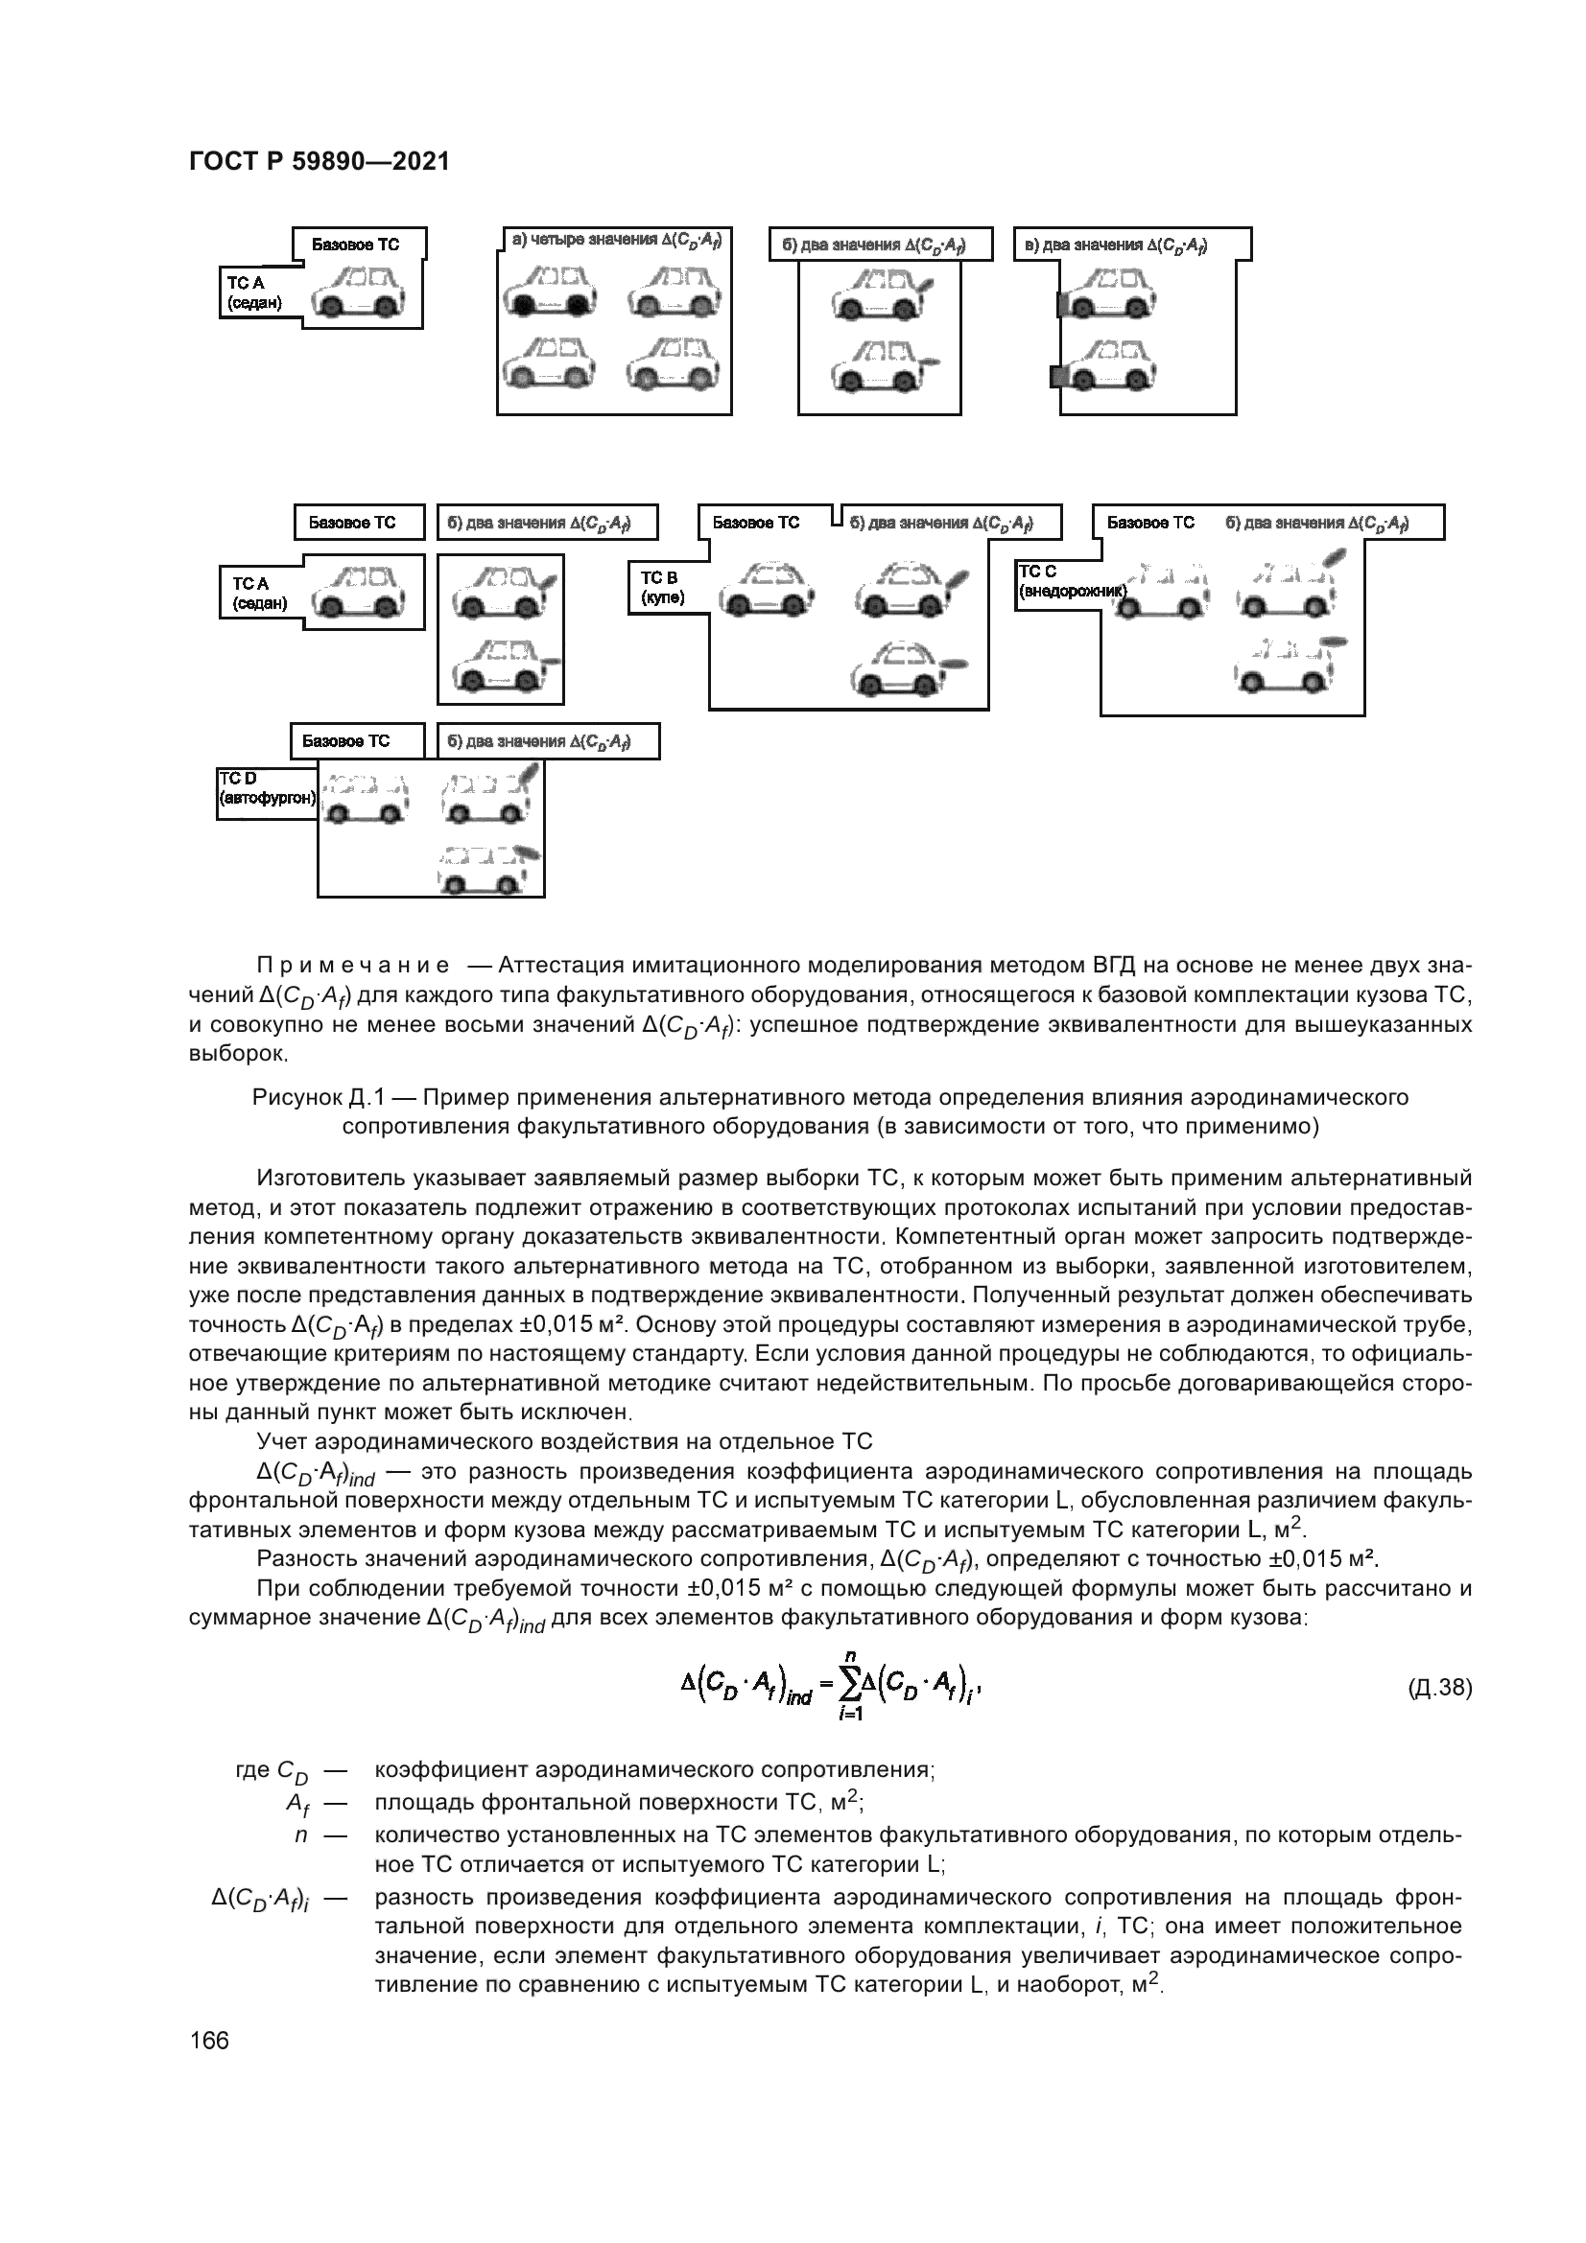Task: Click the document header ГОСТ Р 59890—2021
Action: tap(319, 162)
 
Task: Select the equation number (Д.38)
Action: tap(1439, 1687)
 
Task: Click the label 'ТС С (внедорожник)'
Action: tap(1070, 581)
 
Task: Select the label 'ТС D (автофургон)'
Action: tap(266, 789)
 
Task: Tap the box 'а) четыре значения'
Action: tap(616, 241)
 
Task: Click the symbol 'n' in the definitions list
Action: tap(301, 1835)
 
